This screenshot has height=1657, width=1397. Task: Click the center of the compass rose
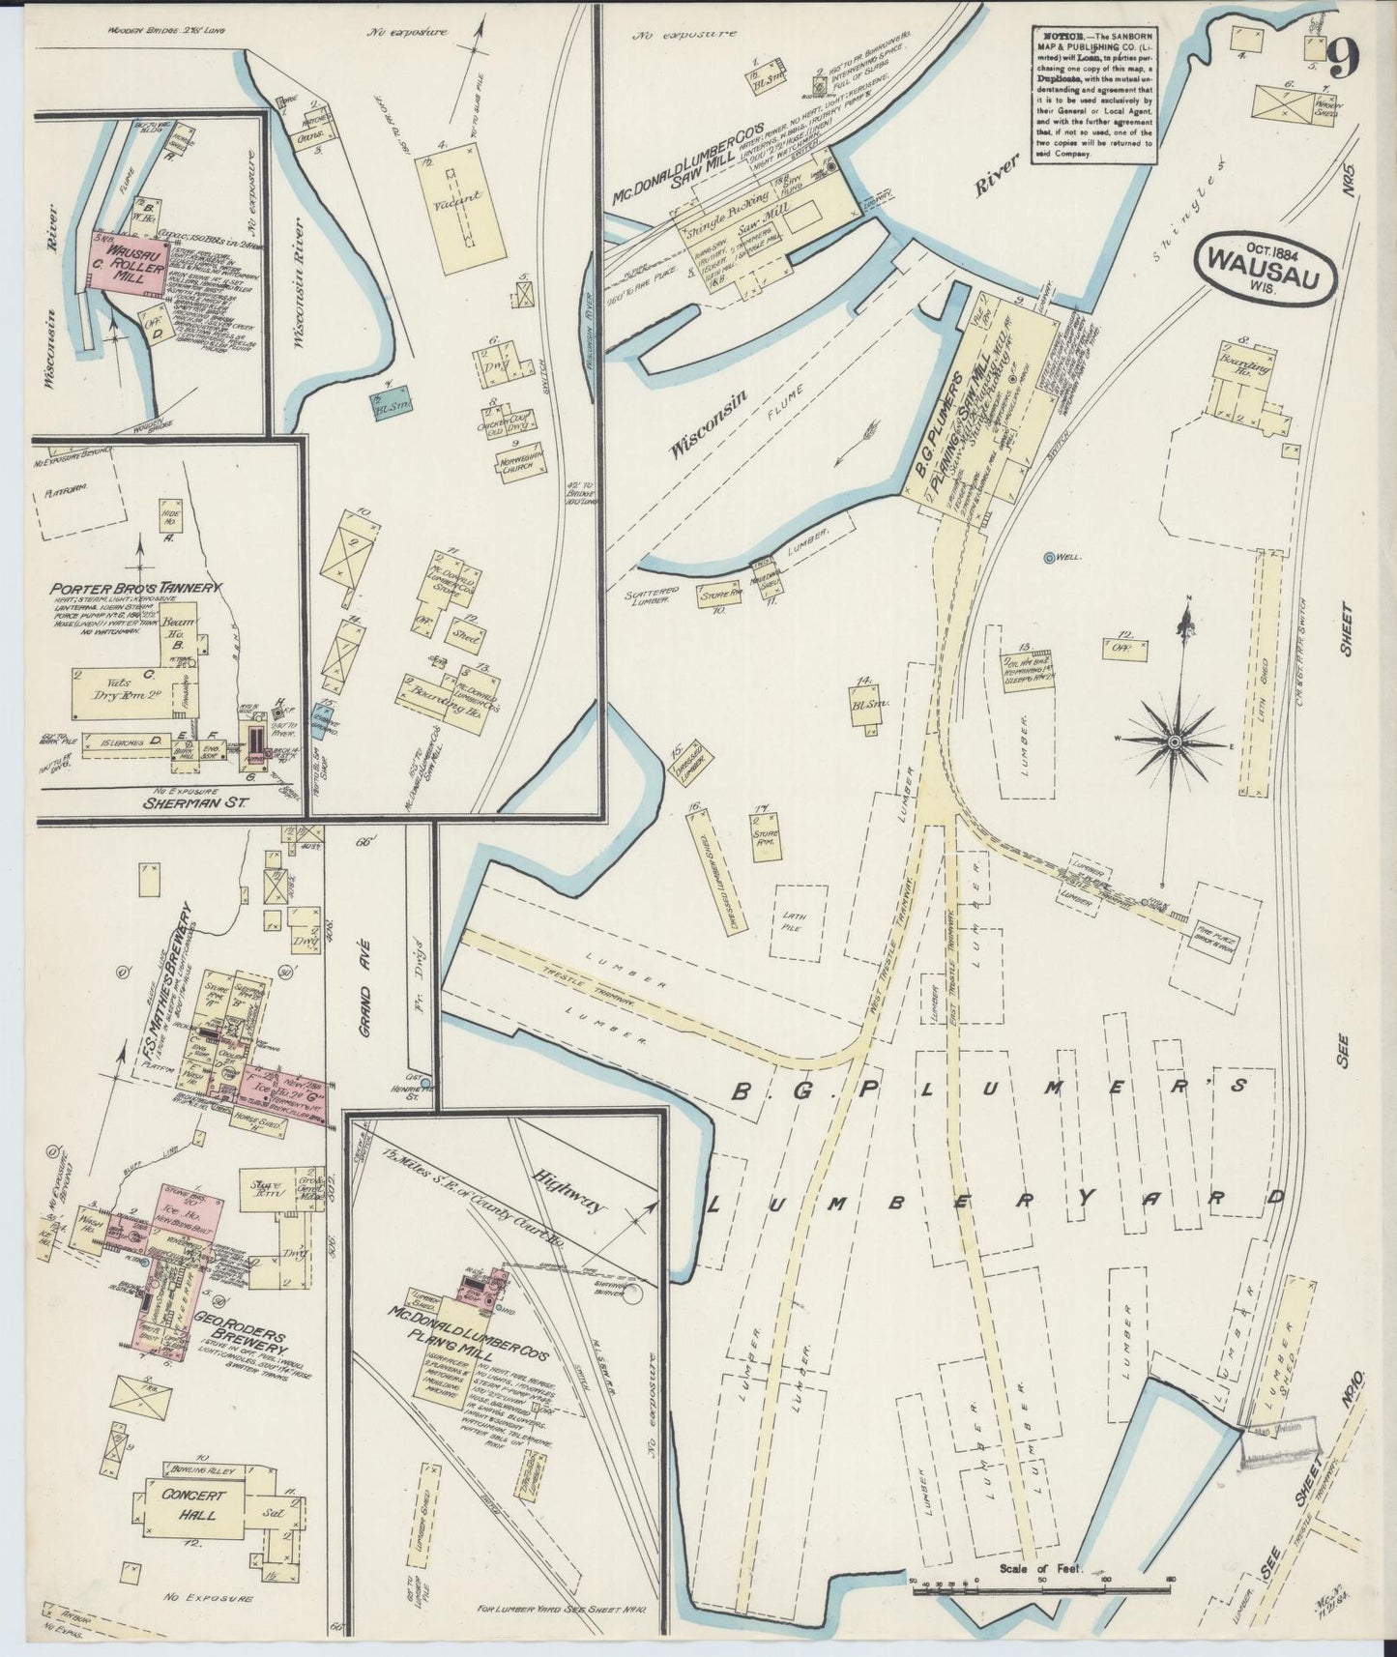(1174, 741)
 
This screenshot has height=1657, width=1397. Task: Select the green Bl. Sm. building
(387, 407)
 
